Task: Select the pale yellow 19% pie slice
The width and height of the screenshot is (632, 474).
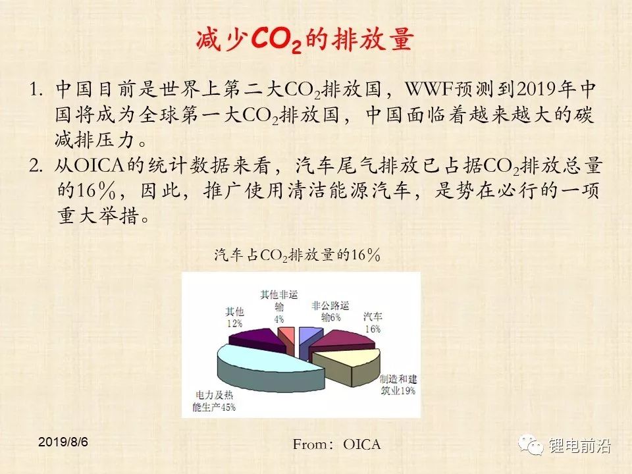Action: (350, 365)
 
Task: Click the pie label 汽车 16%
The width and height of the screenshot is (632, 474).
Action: (373, 323)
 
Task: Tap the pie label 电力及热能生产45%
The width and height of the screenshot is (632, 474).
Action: (213, 401)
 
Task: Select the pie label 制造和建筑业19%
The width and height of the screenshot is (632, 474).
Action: (398, 384)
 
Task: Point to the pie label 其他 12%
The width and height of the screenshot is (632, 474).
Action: (234, 317)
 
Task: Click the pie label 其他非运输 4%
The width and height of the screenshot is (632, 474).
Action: (279, 306)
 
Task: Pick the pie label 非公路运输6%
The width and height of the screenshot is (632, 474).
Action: (330, 311)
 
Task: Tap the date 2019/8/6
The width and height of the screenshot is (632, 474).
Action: (63, 442)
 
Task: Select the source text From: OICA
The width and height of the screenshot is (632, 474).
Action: (336, 444)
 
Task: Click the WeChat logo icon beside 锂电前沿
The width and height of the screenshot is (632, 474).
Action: (531, 445)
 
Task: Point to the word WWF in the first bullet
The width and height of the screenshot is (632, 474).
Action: (429, 90)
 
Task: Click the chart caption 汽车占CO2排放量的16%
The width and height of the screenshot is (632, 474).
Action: (298, 255)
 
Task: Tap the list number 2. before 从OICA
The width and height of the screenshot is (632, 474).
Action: (36, 166)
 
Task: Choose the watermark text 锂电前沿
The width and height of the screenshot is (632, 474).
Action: (579, 446)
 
